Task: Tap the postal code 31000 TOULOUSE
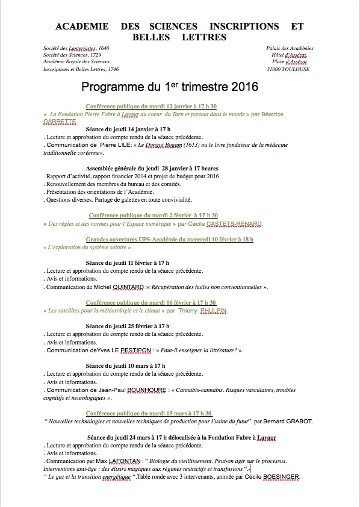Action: [x=292, y=69]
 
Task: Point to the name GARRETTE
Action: [x=60, y=121]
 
